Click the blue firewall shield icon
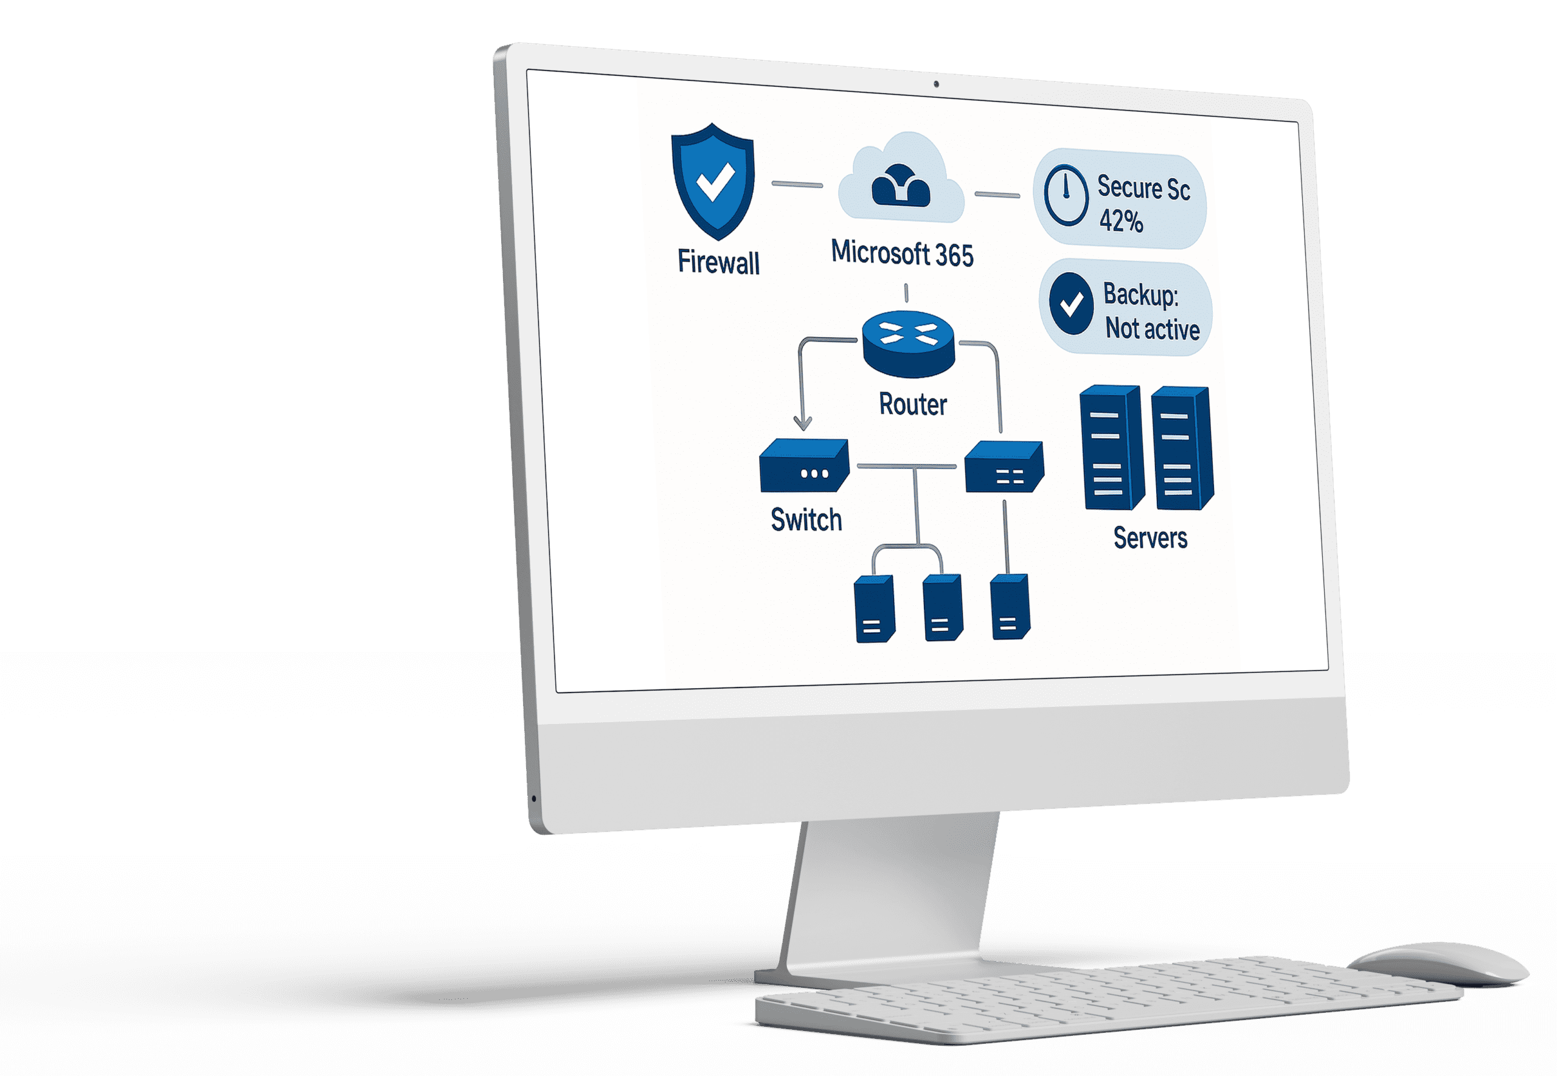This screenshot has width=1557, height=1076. pos(713,181)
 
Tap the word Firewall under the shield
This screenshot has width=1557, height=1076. pos(718,262)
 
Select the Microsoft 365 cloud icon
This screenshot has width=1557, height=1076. pos(901,181)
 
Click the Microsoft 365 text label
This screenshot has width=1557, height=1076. pos(902,253)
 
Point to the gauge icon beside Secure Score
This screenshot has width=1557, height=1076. pos(1066,196)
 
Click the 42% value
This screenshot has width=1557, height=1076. pos(1121,221)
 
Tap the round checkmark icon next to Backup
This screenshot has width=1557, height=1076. pos(1071,304)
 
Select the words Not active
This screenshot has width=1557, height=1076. pos(1153,329)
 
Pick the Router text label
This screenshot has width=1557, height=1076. pos(913,404)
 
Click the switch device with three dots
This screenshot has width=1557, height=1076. pos(804,466)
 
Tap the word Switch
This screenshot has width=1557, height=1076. pos(806,520)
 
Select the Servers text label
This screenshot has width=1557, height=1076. pos(1150,538)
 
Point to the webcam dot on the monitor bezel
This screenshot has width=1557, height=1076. pos(936,84)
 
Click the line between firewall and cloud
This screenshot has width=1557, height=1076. pos(797,184)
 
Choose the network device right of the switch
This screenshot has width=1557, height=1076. pos(1004,466)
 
